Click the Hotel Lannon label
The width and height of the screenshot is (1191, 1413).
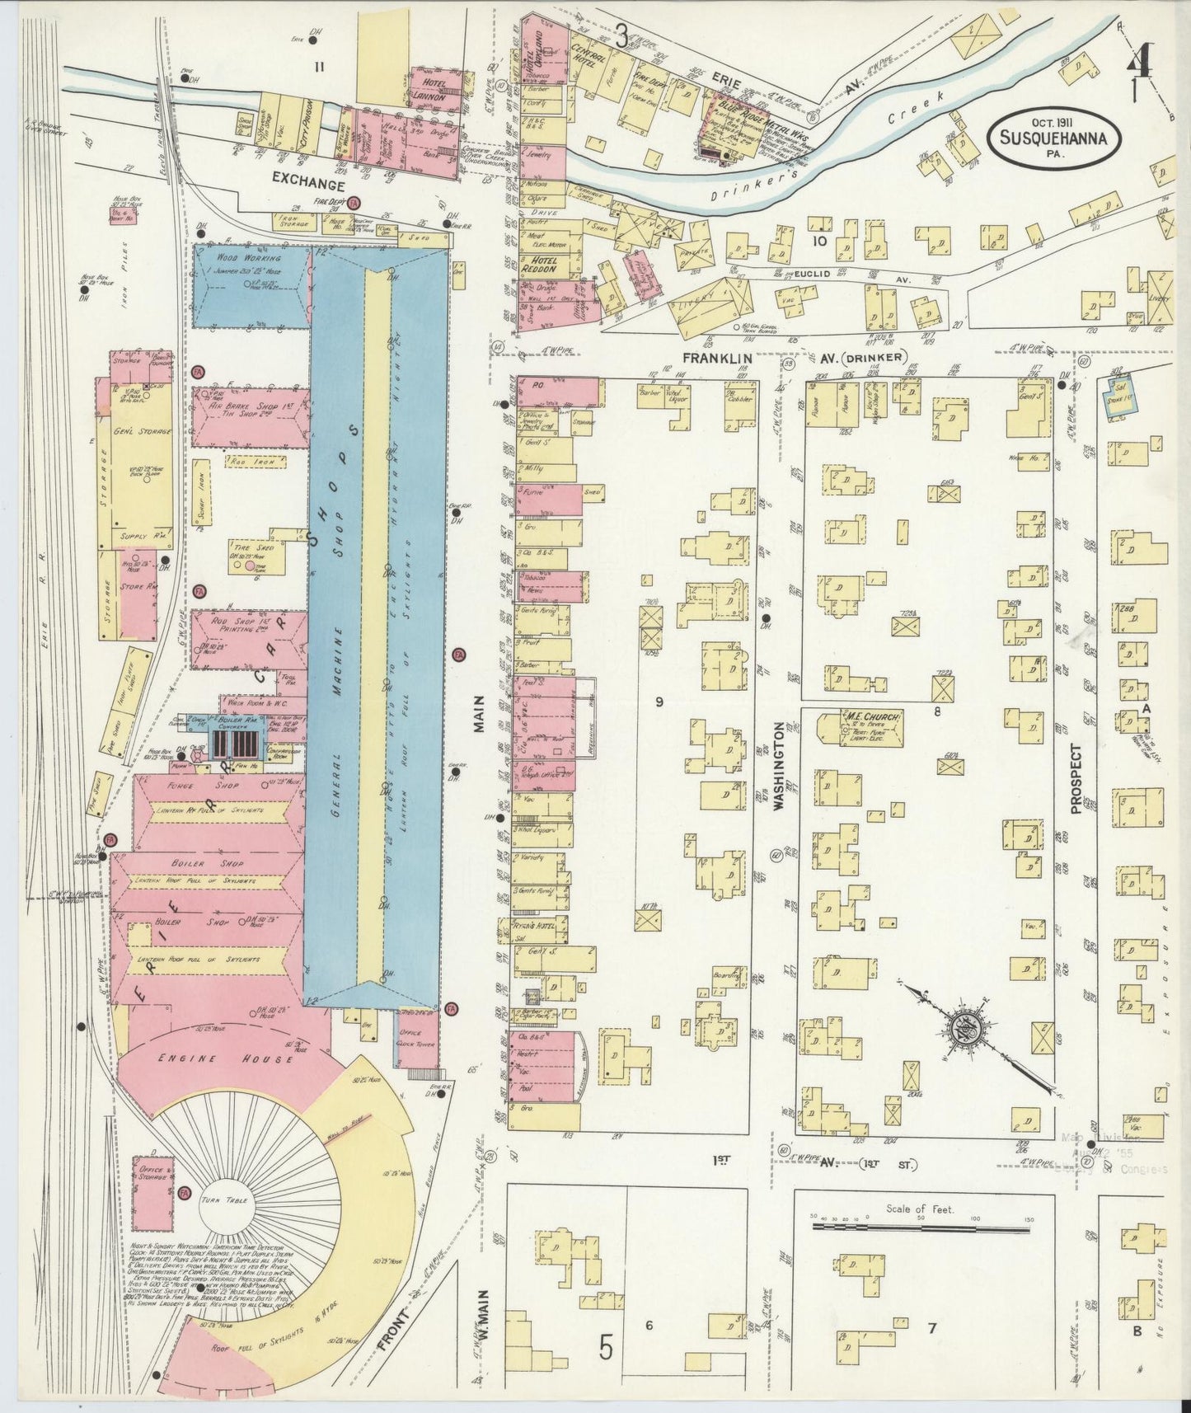pyautogui.click(x=435, y=91)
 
